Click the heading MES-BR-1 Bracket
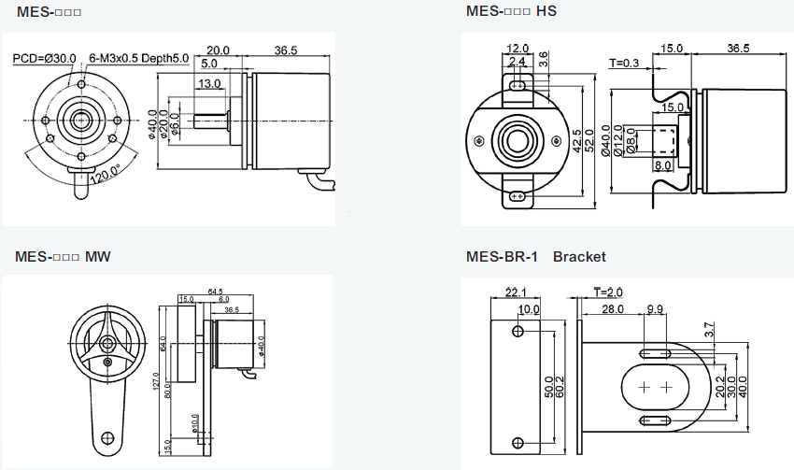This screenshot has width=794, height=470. click(535, 256)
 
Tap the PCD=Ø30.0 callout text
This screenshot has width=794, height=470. click(44, 58)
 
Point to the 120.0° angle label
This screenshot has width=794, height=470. click(105, 174)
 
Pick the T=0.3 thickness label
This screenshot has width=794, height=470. click(624, 64)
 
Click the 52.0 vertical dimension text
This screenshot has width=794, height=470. click(589, 140)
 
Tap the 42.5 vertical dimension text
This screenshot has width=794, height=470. click(576, 140)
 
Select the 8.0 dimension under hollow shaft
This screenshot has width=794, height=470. click(663, 165)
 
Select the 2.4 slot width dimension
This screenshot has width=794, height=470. click(517, 62)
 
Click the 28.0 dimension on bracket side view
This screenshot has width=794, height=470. click(613, 309)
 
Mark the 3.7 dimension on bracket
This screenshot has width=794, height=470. click(709, 329)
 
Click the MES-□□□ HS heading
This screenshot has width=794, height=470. click(511, 11)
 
